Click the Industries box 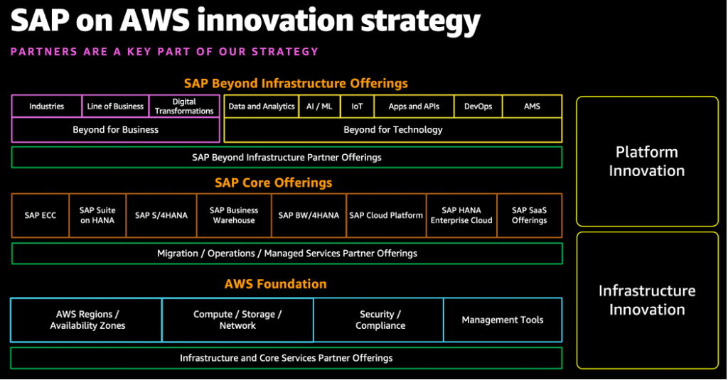pos(47,107)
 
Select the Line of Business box pos(115,107)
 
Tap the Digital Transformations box pos(184,107)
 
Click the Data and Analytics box pos(261,107)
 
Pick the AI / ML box pos(318,107)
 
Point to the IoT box pos(357,107)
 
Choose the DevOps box pos(478,107)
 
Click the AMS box pos(532,107)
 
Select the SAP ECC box pos(40,215)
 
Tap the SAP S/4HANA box pos(161,215)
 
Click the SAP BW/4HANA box pos(309,215)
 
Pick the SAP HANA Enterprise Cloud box pos(461,215)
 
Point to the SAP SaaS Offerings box pos(529,215)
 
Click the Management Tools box pos(503,320)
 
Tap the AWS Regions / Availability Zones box pos(87,320)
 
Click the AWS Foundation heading pos(275,284)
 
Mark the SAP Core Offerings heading pos(274,183)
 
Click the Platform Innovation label pos(646,161)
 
